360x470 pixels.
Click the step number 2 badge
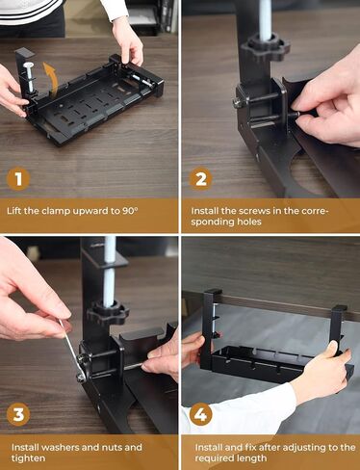tap(199, 177)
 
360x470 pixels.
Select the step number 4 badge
tap(199, 414)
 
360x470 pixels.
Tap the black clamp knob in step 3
tap(107, 313)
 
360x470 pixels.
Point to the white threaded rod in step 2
tap(265, 14)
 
